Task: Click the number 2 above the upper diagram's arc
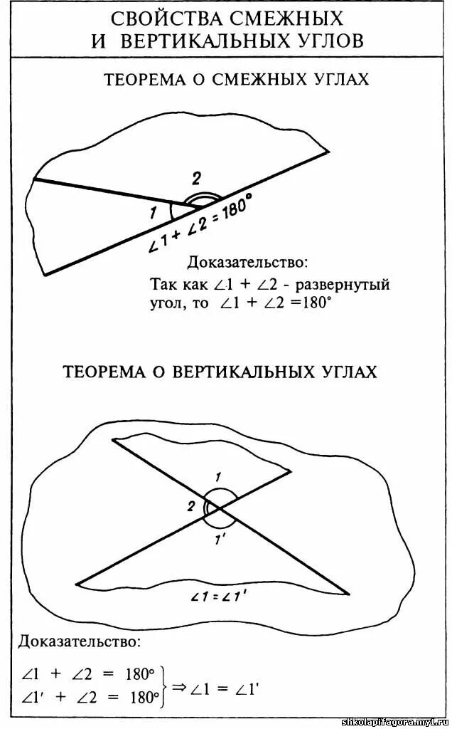click(196, 179)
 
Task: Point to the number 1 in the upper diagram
click(154, 211)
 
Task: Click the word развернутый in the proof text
click(343, 285)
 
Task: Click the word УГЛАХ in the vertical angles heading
click(346, 372)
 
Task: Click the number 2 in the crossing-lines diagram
click(191, 506)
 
